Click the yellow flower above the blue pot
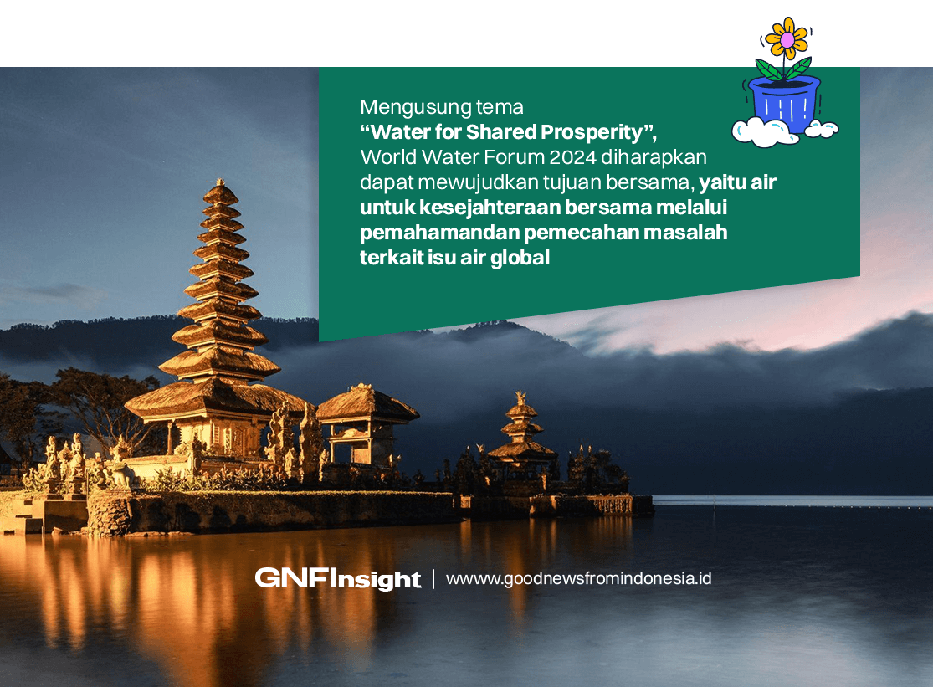point(787,38)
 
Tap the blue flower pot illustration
point(785,103)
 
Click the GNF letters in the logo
point(292,577)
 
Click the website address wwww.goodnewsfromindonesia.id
point(578,578)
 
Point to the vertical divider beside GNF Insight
point(433,578)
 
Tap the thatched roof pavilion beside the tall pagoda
point(367,410)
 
